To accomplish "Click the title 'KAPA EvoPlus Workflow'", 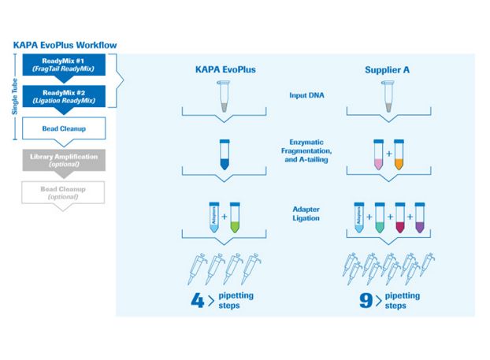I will pyautogui.click(x=65, y=45).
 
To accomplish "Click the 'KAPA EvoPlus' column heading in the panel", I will pyautogui.click(x=224, y=69).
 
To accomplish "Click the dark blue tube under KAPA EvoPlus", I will pyautogui.click(x=224, y=153).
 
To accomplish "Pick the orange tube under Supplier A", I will pyautogui.click(x=398, y=153).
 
